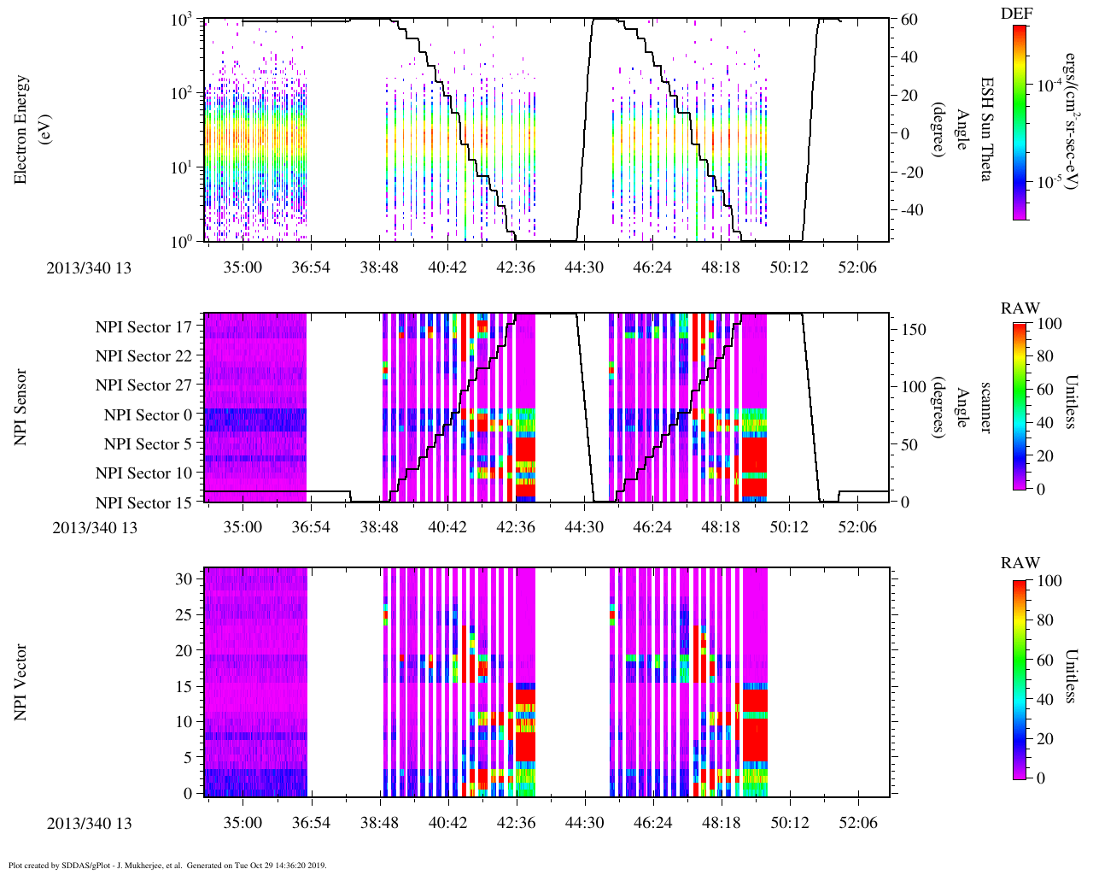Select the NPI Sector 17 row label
(x=143, y=327)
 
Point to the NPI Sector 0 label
(x=148, y=415)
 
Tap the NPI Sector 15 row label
(x=143, y=503)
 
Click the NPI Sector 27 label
(x=143, y=385)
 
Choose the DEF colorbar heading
(x=1016, y=13)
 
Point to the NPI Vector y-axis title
(x=20, y=683)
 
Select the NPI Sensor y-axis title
(x=20, y=408)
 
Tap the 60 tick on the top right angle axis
(x=909, y=20)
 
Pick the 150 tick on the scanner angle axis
(x=914, y=329)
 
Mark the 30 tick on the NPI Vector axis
(x=184, y=578)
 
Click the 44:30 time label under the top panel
(x=584, y=267)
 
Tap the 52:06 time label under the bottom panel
(x=857, y=824)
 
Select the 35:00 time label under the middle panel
(x=243, y=527)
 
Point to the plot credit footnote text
(x=167, y=866)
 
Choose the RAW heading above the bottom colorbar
(x=1020, y=563)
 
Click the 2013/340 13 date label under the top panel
(x=89, y=268)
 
